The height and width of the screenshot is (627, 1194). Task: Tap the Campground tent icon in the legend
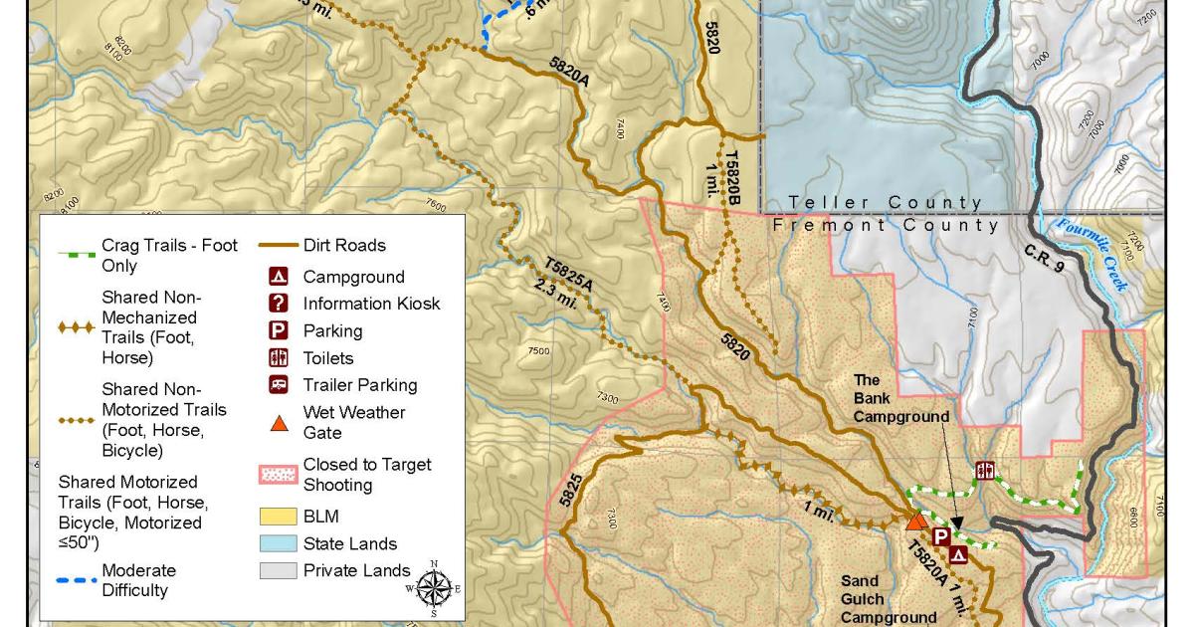pyautogui.click(x=280, y=277)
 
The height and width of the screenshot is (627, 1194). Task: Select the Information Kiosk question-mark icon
pyautogui.click(x=280, y=304)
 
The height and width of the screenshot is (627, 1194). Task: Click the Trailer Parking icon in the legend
pyautogui.click(x=280, y=385)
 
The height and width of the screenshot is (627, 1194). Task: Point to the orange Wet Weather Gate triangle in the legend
pyautogui.click(x=280, y=424)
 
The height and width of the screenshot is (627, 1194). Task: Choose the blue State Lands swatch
pyautogui.click(x=280, y=543)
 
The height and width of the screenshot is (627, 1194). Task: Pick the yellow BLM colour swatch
pyautogui.click(x=280, y=517)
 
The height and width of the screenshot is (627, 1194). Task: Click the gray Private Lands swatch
pyautogui.click(x=280, y=570)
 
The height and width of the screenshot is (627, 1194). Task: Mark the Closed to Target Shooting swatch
pyautogui.click(x=280, y=475)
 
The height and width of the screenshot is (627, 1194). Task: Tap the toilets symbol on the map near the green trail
pyautogui.click(x=986, y=470)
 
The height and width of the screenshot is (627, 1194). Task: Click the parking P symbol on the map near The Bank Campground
pyautogui.click(x=940, y=536)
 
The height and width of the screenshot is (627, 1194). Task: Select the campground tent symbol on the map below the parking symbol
pyautogui.click(x=958, y=555)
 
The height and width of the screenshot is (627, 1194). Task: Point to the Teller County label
pyautogui.click(x=885, y=203)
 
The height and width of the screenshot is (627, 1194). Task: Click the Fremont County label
pyautogui.click(x=887, y=225)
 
